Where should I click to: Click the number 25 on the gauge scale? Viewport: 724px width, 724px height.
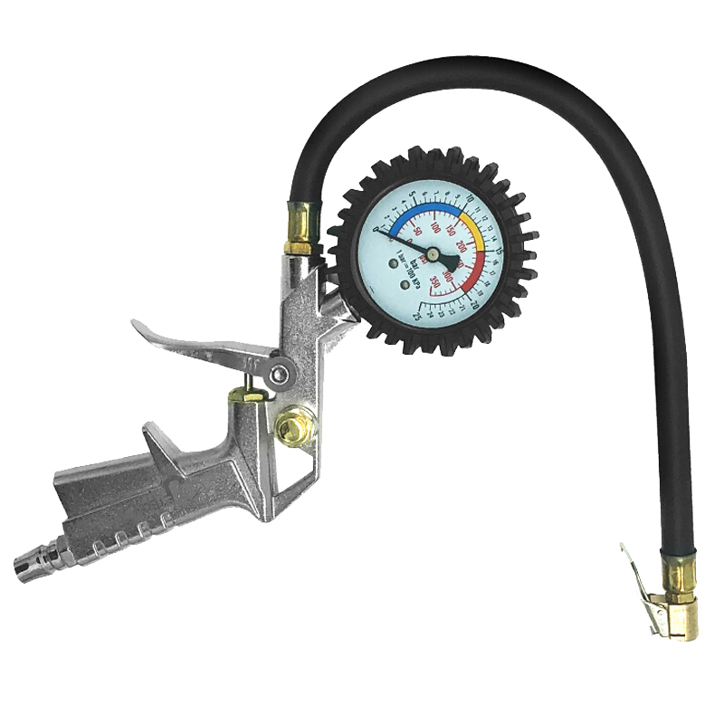[418, 316]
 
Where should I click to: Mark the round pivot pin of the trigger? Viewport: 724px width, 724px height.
[281, 375]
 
